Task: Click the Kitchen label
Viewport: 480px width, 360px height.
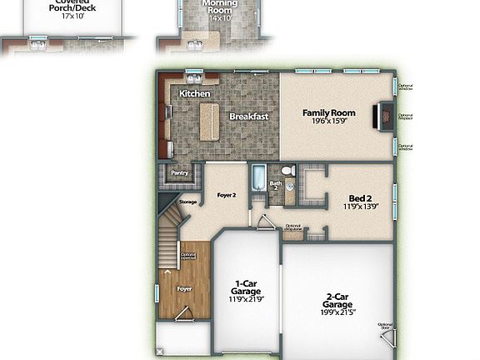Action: coord(195,94)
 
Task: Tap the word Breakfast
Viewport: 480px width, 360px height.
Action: coord(248,117)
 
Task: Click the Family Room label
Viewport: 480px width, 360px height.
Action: coord(328,112)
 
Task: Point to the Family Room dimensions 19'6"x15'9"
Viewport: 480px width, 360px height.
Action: coord(328,122)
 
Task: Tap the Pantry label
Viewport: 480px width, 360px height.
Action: coord(180,173)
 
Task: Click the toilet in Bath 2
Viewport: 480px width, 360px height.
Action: coord(287,171)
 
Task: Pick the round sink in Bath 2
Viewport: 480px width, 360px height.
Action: coord(289,187)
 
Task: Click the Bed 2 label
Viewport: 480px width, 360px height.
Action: coord(362,198)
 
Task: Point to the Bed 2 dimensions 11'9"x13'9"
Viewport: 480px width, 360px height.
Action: coord(362,207)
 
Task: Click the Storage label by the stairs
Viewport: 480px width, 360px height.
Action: coord(187,202)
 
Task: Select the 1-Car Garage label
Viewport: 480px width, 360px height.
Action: coord(245,287)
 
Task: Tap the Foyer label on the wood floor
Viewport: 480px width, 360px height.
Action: coord(184,288)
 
